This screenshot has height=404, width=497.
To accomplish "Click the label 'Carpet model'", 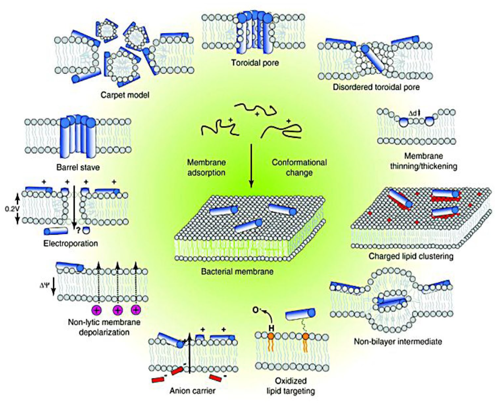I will click(125, 95).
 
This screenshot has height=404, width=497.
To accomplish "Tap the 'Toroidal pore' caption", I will click(255, 63).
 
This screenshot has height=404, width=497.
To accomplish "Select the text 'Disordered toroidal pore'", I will click(376, 87).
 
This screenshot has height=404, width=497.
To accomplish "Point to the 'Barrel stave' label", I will click(78, 167).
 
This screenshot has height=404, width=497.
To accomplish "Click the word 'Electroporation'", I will click(71, 243).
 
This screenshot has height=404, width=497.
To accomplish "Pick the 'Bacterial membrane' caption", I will click(237, 271).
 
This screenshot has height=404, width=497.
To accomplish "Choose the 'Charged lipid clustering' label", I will click(411, 256).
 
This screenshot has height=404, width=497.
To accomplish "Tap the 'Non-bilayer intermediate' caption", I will click(398, 342).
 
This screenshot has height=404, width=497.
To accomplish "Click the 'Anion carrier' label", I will click(192, 391).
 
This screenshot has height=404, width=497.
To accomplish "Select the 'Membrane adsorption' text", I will click(206, 167).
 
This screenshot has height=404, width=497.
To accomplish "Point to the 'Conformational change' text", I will click(299, 167).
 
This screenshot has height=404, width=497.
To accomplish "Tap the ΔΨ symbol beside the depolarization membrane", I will click(44, 286).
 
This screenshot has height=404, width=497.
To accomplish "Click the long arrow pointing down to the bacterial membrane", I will click(251, 166).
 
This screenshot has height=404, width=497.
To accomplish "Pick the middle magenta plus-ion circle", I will click(117, 310).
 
